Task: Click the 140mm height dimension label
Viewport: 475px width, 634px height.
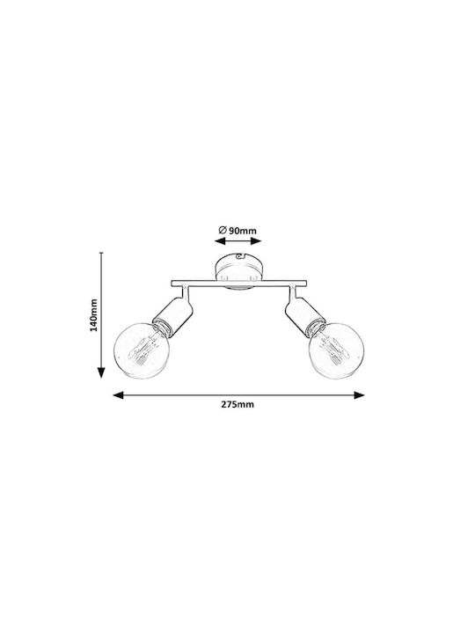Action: click(x=94, y=315)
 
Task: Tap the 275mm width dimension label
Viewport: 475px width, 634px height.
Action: click(x=237, y=405)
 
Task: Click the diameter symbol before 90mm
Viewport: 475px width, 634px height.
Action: click(x=223, y=231)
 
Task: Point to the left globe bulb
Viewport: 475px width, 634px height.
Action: click(x=139, y=350)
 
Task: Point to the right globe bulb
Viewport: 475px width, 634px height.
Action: click(x=336, y=350)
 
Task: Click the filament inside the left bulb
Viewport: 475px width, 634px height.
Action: click(x=142, y=349)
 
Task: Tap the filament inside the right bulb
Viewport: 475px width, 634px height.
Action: click(x=334, y=349)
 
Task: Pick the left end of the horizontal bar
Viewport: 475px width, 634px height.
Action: click(x=172, y=284)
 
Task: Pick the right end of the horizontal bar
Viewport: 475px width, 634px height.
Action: click(x=307, y=284)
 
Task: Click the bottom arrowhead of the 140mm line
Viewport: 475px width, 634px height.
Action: click(x=101, y=372)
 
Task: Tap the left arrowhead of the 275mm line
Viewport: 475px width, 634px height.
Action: click(x=118, y=395)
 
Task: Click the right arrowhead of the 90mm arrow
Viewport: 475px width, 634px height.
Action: click(x=256, y=241)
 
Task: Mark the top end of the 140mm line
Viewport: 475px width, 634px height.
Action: click(x=101, y=253)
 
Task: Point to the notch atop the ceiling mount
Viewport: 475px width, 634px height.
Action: click(x=241, y=256)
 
